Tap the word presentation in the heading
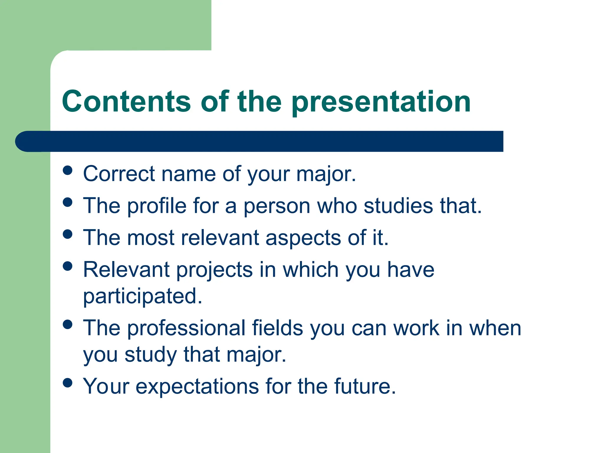click(381, 102)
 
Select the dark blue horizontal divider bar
click(260, 141)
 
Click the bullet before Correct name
click(68, 170)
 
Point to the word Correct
click(119, 174)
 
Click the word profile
click(157, 206)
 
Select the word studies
click(398, 206)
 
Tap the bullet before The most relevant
click(68, 234)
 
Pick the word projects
click(214, 270)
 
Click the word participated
click(142, 296)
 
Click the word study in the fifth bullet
click(150, 354)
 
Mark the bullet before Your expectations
click(68, 383)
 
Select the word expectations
click(197, 386)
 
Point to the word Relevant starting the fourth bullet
click(127, 270)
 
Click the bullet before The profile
click(68, 202)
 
